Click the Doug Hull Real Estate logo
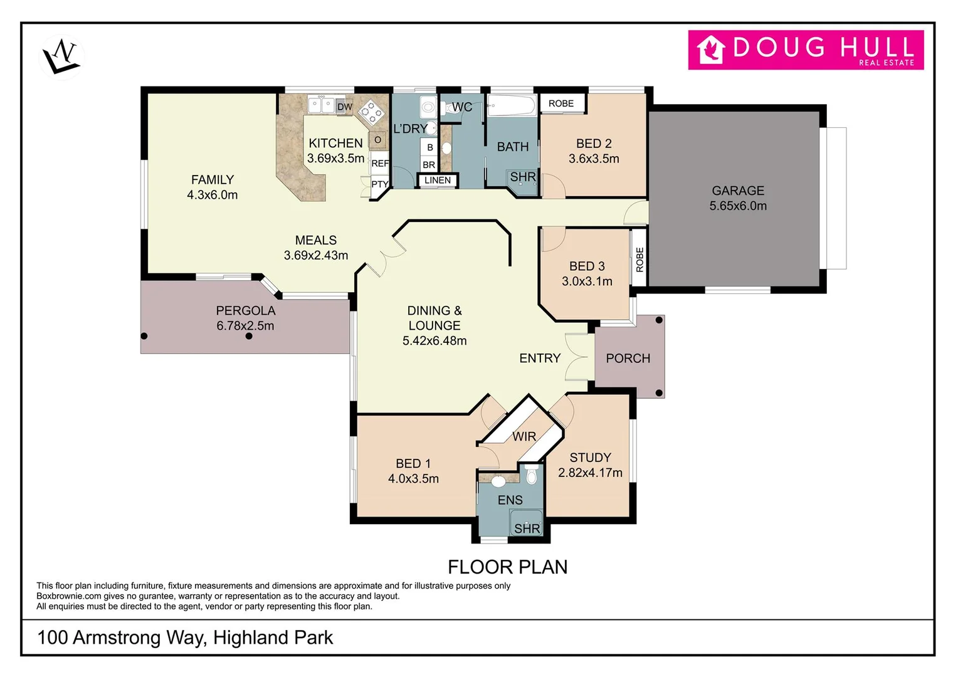[x=806, y=50]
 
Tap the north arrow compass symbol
[x=61, y=57]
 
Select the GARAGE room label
[x=737, y=191]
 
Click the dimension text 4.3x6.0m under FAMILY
[x=212, y=195]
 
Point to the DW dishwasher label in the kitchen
[x=345, y=107]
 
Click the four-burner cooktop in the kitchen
[x=371, y=113]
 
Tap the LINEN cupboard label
[x=437, y=181]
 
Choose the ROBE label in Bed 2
[x=561, y=103]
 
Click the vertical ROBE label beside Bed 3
[x=640, y=259]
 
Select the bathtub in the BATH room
[x=512, y=105]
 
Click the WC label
[x=462, y=107]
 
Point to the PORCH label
[x=628, y=359]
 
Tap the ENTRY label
[x=539, y=359]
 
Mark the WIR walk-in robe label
[x=524, y=436]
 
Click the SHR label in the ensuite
[x=527, y=528]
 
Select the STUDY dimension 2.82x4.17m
[x=590, y=473]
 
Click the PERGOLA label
[x=245, y=311]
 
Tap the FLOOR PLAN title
[x=507, y=567]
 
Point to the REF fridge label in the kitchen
[x=380, y=164]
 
